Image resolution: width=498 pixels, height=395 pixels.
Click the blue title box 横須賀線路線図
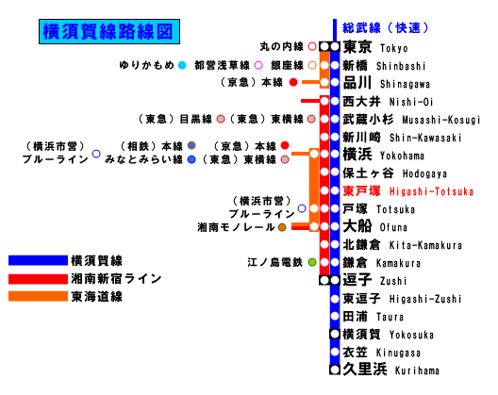click(x=109, y=31)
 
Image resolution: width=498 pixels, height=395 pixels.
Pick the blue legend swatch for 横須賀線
click(x=38, y=260)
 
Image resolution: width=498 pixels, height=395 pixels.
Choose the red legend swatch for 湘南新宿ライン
click(x=38, y=279)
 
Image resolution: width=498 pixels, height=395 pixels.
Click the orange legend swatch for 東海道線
click(x=38, y=296)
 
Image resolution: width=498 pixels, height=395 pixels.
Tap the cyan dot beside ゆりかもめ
click(x=182, y=65)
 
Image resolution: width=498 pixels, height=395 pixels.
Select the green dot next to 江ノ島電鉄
click(x=312, y=262)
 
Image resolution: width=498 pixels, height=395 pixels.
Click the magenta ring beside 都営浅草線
click(x=258, y=65)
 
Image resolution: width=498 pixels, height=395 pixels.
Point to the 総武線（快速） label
click(x=385, y=28)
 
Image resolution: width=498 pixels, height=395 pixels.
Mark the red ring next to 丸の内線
click(x=312, y=47)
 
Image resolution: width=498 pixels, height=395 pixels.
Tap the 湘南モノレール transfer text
click(x=236, y=227)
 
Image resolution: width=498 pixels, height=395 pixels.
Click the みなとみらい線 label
click(x=143, y=159)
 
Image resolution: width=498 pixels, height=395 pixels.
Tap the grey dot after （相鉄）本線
click(x=191, y=145)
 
